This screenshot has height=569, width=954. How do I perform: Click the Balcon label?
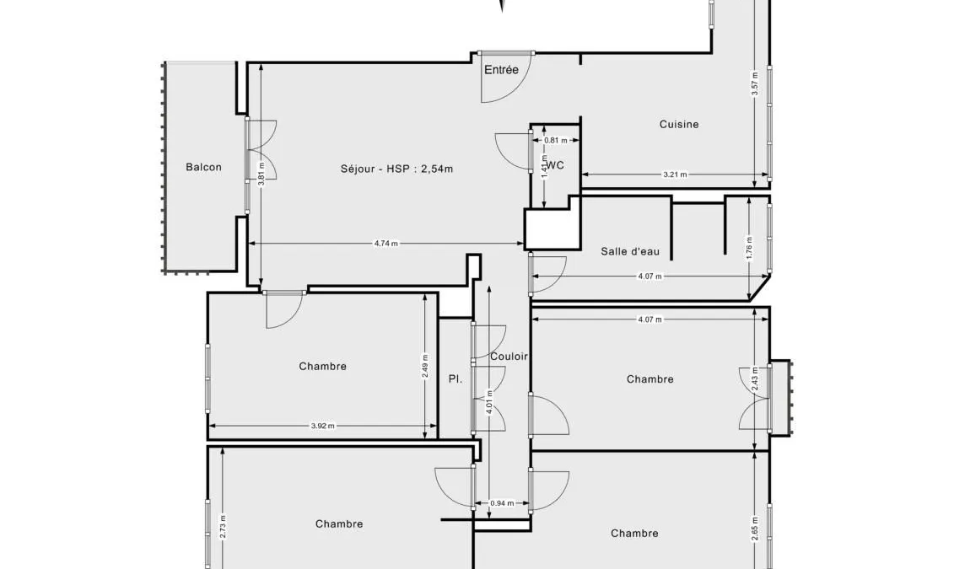[x=203, y=167]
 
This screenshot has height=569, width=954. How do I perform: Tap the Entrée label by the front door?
[x=501, y=70]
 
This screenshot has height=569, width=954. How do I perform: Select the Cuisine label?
[x=679, y=124]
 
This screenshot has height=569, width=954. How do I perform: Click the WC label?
[x=556, y=165]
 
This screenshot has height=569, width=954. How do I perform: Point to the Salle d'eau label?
[x=630, y=251]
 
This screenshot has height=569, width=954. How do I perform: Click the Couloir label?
[x=509, y=357]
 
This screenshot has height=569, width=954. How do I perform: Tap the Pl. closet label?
[x=455, y=378]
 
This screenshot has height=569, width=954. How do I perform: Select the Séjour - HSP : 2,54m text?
[x=396, y=169]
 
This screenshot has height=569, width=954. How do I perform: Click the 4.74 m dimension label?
[x=385, y=244]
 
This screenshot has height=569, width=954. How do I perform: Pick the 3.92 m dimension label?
[x=322, y=427]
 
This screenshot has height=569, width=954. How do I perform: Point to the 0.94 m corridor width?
[x=501, y=503]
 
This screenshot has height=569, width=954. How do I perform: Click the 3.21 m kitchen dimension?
[x=675, y=174]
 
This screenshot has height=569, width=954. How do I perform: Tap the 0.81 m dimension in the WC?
[x=556, y=141]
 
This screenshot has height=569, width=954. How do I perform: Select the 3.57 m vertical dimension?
[x=755, y=84]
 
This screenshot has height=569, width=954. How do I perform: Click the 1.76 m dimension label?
[x=749, y=248]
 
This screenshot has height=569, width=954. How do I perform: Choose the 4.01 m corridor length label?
[x=489, y=402]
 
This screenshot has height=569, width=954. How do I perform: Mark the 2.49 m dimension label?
[x=425, y=366]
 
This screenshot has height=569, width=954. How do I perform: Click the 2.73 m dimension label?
[x=223, y=527]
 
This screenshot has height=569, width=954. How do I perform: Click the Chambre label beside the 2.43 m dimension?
[x=649, y=379]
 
